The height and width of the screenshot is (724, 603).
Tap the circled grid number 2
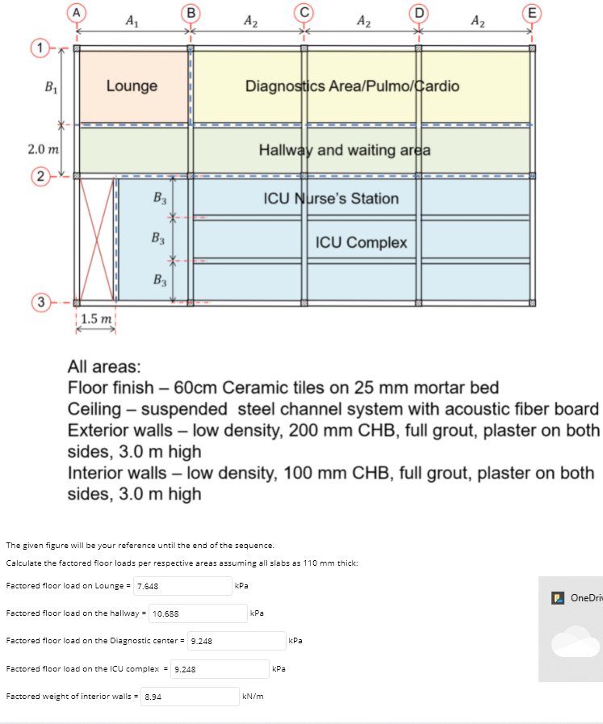tap(38, 175)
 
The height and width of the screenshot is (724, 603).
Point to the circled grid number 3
tap(38, 303)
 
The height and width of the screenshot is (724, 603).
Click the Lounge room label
tap(132, 86)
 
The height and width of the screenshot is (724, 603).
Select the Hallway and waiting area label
tap(345, 150)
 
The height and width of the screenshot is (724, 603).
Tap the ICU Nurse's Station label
tap(331, 198)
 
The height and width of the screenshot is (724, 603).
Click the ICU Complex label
tap(361, 242)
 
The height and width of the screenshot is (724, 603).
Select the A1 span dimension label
tap(131, 22)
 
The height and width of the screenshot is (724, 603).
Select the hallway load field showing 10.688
tap(198, 613)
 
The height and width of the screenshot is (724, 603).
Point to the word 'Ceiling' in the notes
tap(94, 408)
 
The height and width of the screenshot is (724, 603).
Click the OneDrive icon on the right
tap(557, 598)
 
